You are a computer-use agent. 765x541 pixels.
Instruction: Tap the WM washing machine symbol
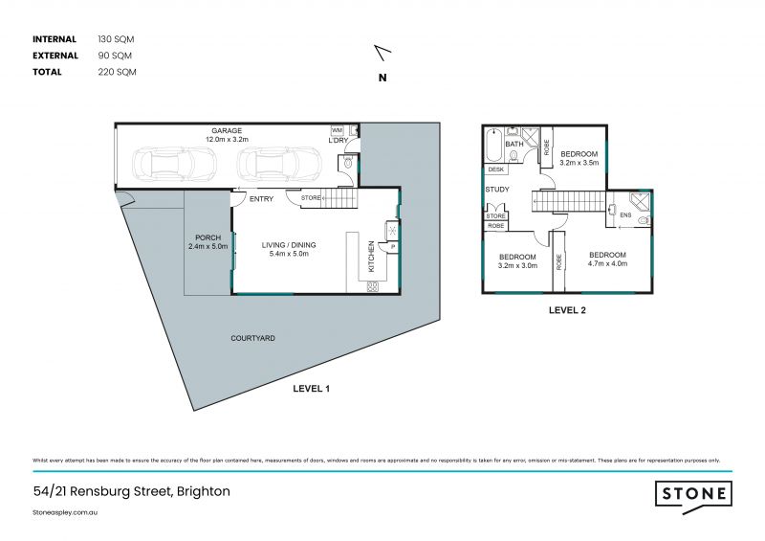[337, 129]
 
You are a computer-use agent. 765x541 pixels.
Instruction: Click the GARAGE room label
[227, 130]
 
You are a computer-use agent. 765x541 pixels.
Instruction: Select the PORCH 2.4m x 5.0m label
[208, 242]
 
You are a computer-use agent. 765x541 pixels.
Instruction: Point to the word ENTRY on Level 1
[261, 199]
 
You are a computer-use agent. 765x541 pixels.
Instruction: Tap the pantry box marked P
[392, 248]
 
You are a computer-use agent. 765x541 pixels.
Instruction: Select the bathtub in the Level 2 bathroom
[492, 146]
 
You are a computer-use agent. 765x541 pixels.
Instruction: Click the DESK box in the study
[495, 169]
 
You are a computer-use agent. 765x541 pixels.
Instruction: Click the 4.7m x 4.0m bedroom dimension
[607, 263]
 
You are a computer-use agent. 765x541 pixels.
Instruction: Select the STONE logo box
[694, 493]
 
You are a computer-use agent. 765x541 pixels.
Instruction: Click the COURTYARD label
[252, 338]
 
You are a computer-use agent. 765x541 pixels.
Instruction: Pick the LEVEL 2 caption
[567, 310]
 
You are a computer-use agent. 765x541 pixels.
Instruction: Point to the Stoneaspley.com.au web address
[66, 512]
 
